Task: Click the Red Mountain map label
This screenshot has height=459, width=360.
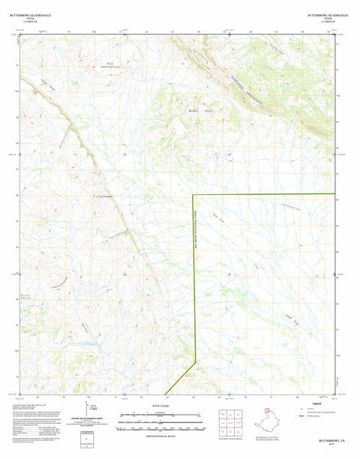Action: pyautogui.click(x=113, y=66)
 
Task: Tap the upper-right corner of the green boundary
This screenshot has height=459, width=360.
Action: pyautogui.click(x=334, y=195)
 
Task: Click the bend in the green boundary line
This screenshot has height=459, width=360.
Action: pyautogui.click(x=196, y=362)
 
